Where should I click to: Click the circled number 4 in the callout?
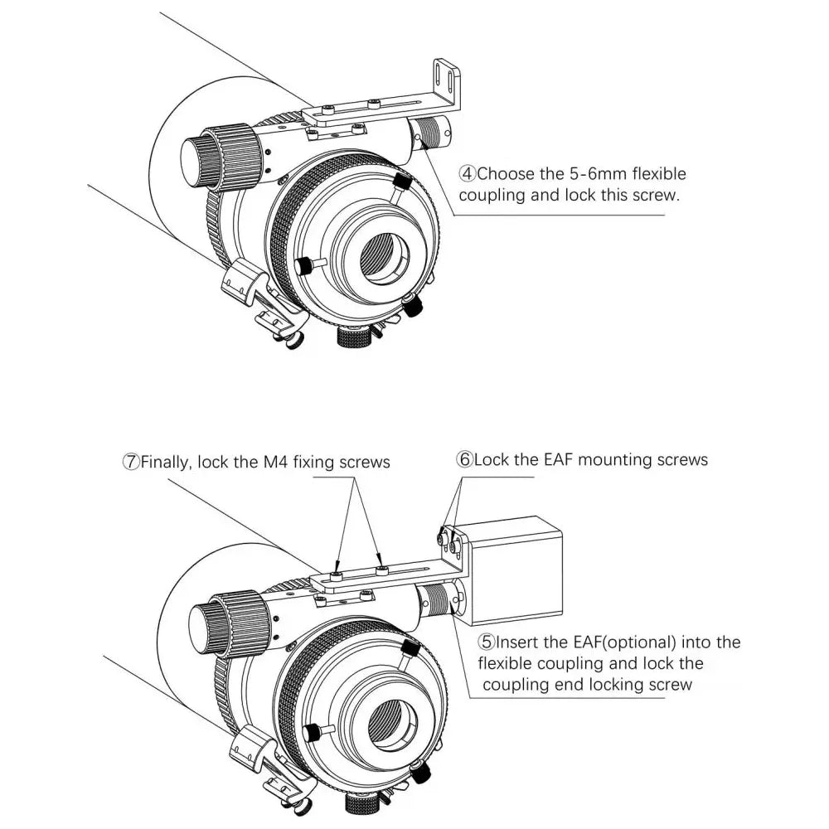(x=468, y=174)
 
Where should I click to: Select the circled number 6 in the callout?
(x=464, y=459)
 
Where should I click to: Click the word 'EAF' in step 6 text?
(x=555, y=459)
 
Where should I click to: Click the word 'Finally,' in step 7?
(x=168, y=462)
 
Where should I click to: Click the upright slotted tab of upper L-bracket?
(x=448, y=83)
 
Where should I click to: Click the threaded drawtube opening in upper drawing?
(x=384, y=258)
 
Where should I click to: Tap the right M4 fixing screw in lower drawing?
(x=381, y=570)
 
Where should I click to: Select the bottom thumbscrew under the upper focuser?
(x=354, y=337)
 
